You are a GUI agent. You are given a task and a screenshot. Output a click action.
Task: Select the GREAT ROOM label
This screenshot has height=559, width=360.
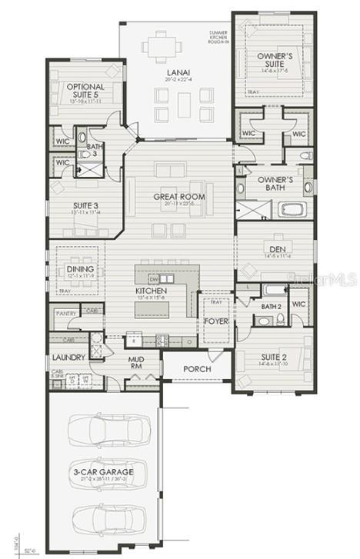coord(179,197)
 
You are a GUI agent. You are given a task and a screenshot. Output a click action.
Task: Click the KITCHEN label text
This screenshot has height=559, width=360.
coord(151,291)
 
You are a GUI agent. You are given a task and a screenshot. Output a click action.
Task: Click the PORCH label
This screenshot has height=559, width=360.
coord(197,369)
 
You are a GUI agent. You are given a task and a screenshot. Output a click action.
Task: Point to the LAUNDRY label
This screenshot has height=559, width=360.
coord(68,357)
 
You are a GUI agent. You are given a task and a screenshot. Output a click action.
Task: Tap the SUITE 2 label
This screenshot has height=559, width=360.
coord(272,357)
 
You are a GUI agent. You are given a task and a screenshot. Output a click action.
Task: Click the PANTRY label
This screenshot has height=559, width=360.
coord(64,314)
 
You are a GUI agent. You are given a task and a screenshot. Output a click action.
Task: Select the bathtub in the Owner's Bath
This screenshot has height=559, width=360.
coord(293,208)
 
